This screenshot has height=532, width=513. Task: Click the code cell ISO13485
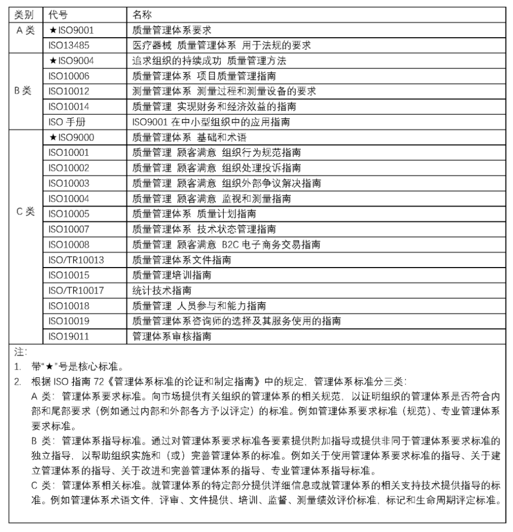click(x=69, y=45)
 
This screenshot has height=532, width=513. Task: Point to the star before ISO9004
click(x=52, y=61)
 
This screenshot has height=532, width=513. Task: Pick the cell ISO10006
click(x=69, y=76)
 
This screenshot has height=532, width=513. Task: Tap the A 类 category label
click(x=24, y=30)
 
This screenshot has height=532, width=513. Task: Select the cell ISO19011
click(x=69, y=336)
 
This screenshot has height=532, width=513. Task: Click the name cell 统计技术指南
click(x=162, y=290)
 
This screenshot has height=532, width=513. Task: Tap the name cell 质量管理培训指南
click(x=172, y=275)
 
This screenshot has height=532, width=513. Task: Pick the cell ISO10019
click(x=69, y=321)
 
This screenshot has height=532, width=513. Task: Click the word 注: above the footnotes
click(x=18, y=352)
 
